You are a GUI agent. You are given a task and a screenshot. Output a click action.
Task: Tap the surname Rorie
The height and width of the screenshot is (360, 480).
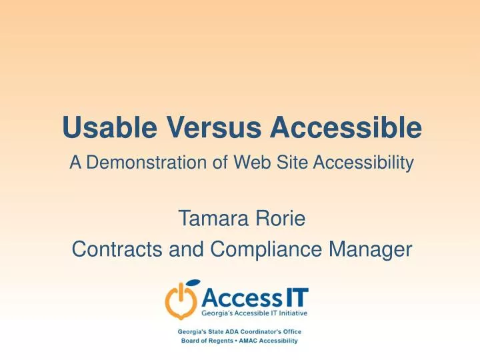[280, 217]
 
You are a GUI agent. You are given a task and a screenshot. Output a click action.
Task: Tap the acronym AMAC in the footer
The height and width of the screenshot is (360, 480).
[252, 341]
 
